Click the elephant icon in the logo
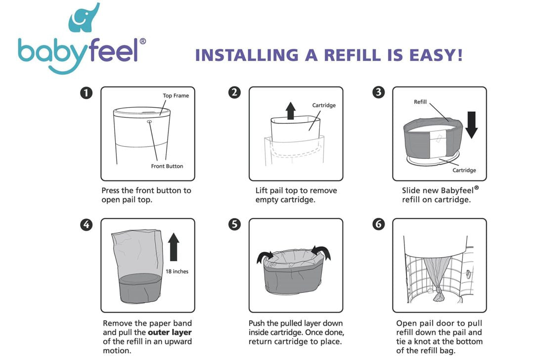click(x=83, y=19)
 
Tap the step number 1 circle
click(x=86, y=93)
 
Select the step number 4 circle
click(x=86, y=225)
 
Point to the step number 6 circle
click(x=378, y=224)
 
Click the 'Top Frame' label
click(x=176, y=96)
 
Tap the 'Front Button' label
click(x=167, y=166)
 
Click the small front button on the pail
click(x=149, y=122)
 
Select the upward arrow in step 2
click(x=291, y=111)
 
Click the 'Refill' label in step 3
click(x=420, y=102)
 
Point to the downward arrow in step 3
click(x=472, y=125)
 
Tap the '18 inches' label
click(x=177, y=271)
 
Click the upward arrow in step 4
click(x=174, y=247)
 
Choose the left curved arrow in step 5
click(x=265, y=257)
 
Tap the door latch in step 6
click(x=469, y=273)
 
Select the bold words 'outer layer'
click(x=170, y=332)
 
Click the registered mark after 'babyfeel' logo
click(x=143, y=41)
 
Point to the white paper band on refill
click(x=438, y=143)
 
